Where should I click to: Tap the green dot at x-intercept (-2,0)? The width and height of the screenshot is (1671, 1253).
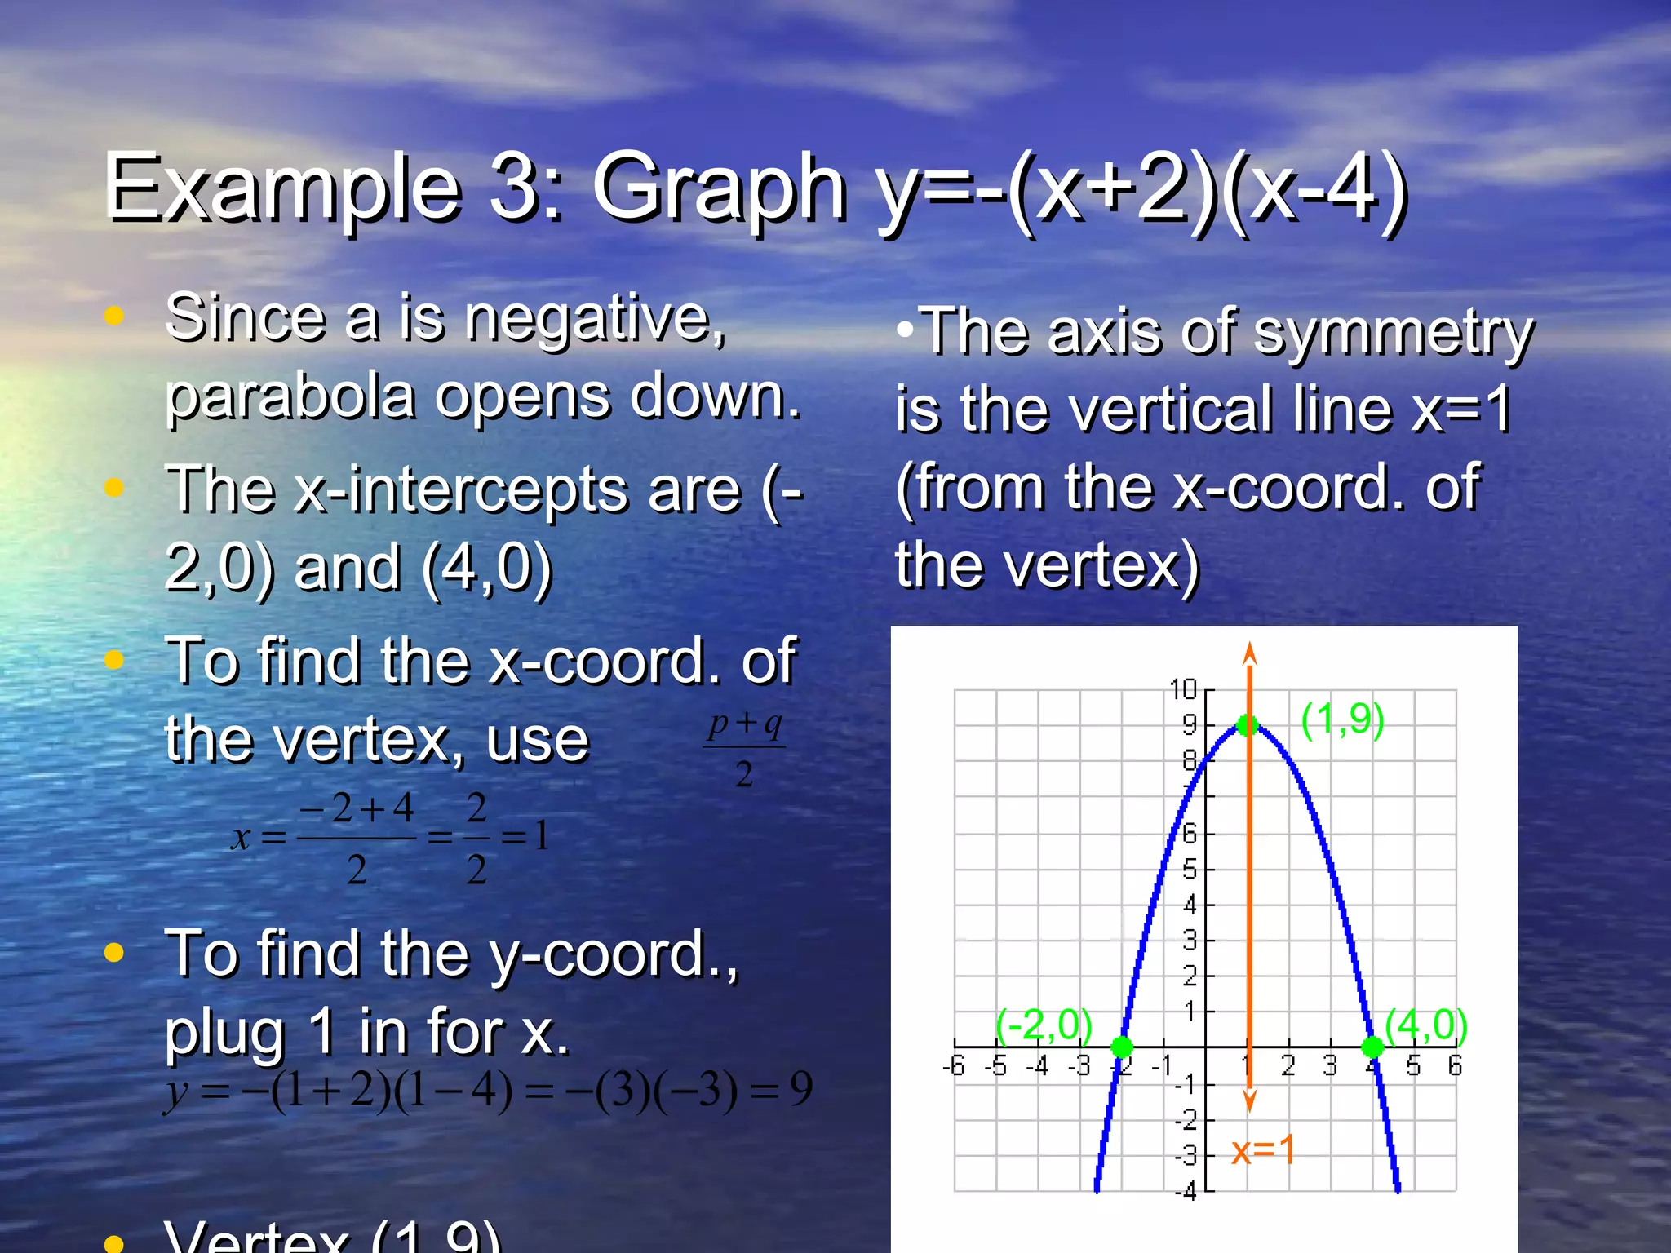1122,1047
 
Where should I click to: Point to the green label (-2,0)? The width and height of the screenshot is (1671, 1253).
1044,1025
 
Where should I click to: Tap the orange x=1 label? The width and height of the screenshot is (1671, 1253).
1263,1150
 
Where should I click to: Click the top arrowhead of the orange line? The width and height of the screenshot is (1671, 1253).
1249,653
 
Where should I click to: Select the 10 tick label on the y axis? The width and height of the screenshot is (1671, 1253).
1183,690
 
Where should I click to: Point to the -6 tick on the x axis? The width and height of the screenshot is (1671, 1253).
953,1066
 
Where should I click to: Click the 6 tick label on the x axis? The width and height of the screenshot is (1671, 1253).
1455,1066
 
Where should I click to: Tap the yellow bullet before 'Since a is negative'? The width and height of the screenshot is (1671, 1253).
114,317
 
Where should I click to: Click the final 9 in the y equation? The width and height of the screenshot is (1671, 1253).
801,1088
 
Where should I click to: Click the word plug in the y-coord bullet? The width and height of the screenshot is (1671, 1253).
225,1033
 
